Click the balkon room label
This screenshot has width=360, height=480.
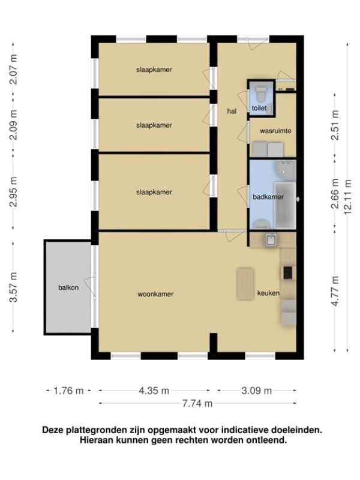point(68,287)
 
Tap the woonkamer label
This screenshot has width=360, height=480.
point(155,294)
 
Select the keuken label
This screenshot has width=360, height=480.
point(268,293)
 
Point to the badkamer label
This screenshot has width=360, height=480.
point(268,197)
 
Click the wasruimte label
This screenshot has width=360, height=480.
point(275,131)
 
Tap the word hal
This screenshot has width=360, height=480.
point(232,111)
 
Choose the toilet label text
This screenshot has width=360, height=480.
point(259,108)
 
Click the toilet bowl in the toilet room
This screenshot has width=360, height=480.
point(261,94)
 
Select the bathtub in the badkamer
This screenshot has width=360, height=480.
point(285,205)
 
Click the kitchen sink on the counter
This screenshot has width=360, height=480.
point(271,239)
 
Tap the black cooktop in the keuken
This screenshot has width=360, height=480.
point(287,272)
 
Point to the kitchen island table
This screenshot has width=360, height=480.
point(245,284)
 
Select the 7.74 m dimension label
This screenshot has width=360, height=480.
point(197,403)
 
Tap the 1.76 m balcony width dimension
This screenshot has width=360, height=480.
point(68,391)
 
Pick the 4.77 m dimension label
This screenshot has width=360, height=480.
point(335,291)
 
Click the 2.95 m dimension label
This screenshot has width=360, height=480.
point(13,191)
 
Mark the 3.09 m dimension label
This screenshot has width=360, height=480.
point(257,391)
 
